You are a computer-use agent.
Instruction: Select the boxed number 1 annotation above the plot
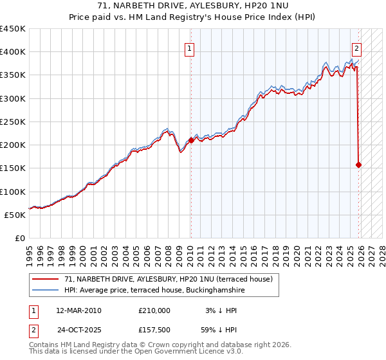pos(190,48)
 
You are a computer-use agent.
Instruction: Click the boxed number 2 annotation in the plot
pos(357,48)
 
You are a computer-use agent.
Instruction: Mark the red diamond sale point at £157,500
pos(358,165)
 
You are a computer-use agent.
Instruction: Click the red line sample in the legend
pos(46,279)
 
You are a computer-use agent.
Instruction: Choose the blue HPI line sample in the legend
pos(46,291)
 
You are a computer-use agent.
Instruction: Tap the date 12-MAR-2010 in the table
pos(79,310)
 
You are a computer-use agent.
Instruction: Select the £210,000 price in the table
pos(154,310)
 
